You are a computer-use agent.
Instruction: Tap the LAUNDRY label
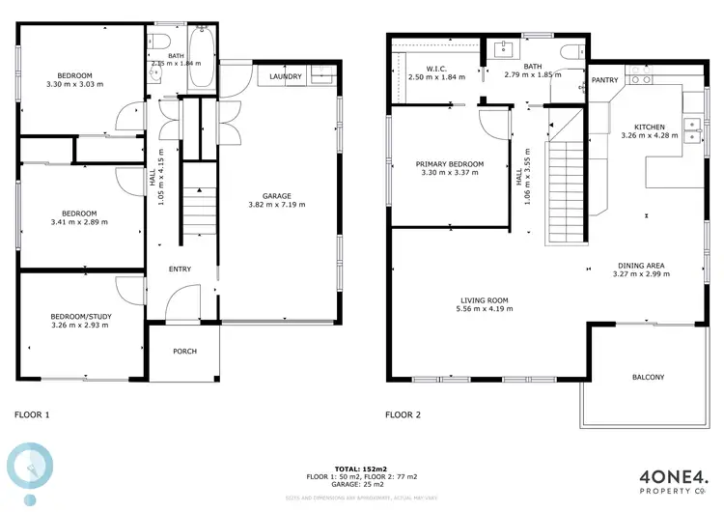pos(286,76)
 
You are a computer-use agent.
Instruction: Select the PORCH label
pos(184,351)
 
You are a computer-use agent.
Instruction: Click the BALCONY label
pos(648,377)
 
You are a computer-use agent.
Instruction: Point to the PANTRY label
pos(605,80)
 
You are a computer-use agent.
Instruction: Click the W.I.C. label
pos(434,69)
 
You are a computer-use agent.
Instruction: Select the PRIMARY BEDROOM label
pos(449,164)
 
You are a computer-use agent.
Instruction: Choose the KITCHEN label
pos(649,127)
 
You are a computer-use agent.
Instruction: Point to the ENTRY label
pos(180,270)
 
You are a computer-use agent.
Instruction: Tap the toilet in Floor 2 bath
pos(570,50)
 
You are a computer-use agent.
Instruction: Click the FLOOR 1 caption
pos(32,414)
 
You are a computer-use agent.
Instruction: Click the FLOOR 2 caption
pos(404,414)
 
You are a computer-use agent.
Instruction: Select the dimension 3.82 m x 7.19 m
pos(276,204)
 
